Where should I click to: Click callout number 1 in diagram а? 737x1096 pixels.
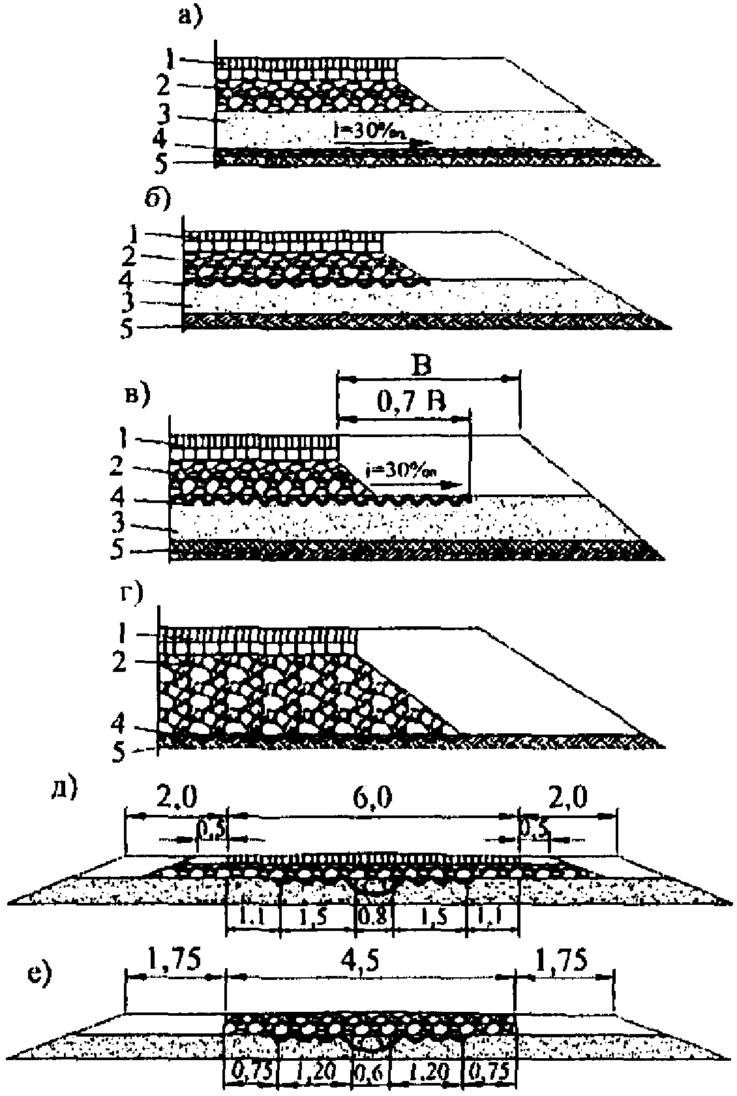point(170,61)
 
